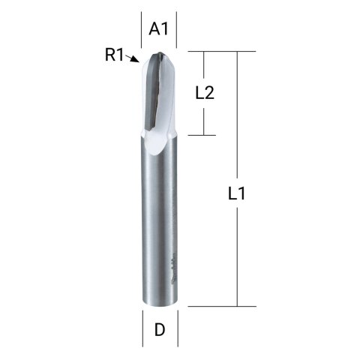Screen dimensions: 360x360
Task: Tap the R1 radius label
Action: coord(115,54)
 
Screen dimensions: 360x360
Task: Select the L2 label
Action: coord(205,93)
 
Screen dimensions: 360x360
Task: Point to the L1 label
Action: coord(237,193)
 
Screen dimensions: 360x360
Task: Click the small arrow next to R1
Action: coord(133,58)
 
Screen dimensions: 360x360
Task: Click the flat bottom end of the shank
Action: coord(159,304)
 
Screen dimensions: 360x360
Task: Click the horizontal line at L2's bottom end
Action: coord(199,136)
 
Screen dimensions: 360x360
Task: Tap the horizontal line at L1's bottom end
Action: coord(217,306)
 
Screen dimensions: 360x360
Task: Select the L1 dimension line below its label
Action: coord(237,255)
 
